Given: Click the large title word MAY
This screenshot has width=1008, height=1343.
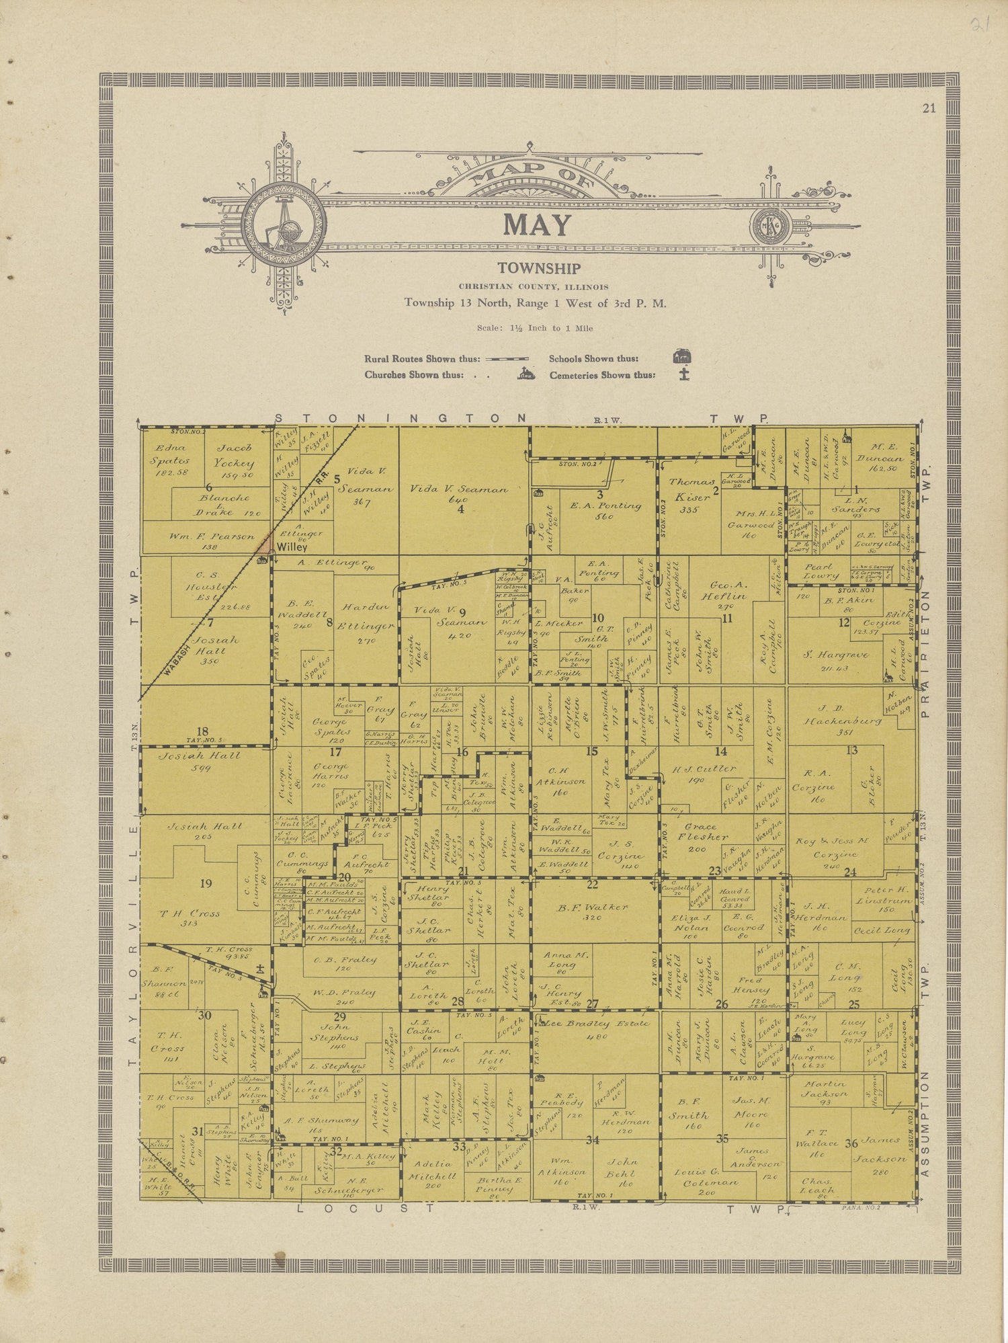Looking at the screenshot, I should (538, 225).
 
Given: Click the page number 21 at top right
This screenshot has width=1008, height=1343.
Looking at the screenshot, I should (929, 108).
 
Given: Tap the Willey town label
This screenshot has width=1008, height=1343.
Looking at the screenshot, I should (292, 546).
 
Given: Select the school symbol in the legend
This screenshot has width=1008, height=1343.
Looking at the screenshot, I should (683, 357).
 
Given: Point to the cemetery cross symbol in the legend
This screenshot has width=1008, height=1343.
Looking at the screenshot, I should (684, 374).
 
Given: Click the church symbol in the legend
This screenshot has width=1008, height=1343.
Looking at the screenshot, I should (526, 374).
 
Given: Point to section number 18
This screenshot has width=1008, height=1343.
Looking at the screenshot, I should (202, 732).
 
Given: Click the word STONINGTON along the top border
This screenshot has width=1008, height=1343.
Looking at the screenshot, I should (401, 418).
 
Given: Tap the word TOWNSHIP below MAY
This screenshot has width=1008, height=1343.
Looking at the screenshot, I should (539, 269).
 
